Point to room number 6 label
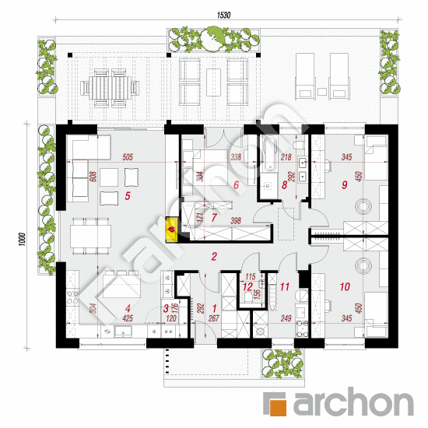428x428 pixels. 235,185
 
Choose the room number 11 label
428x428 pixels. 285,287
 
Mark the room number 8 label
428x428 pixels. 285,185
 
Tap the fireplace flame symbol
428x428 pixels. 170,230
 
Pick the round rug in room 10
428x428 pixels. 364,264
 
